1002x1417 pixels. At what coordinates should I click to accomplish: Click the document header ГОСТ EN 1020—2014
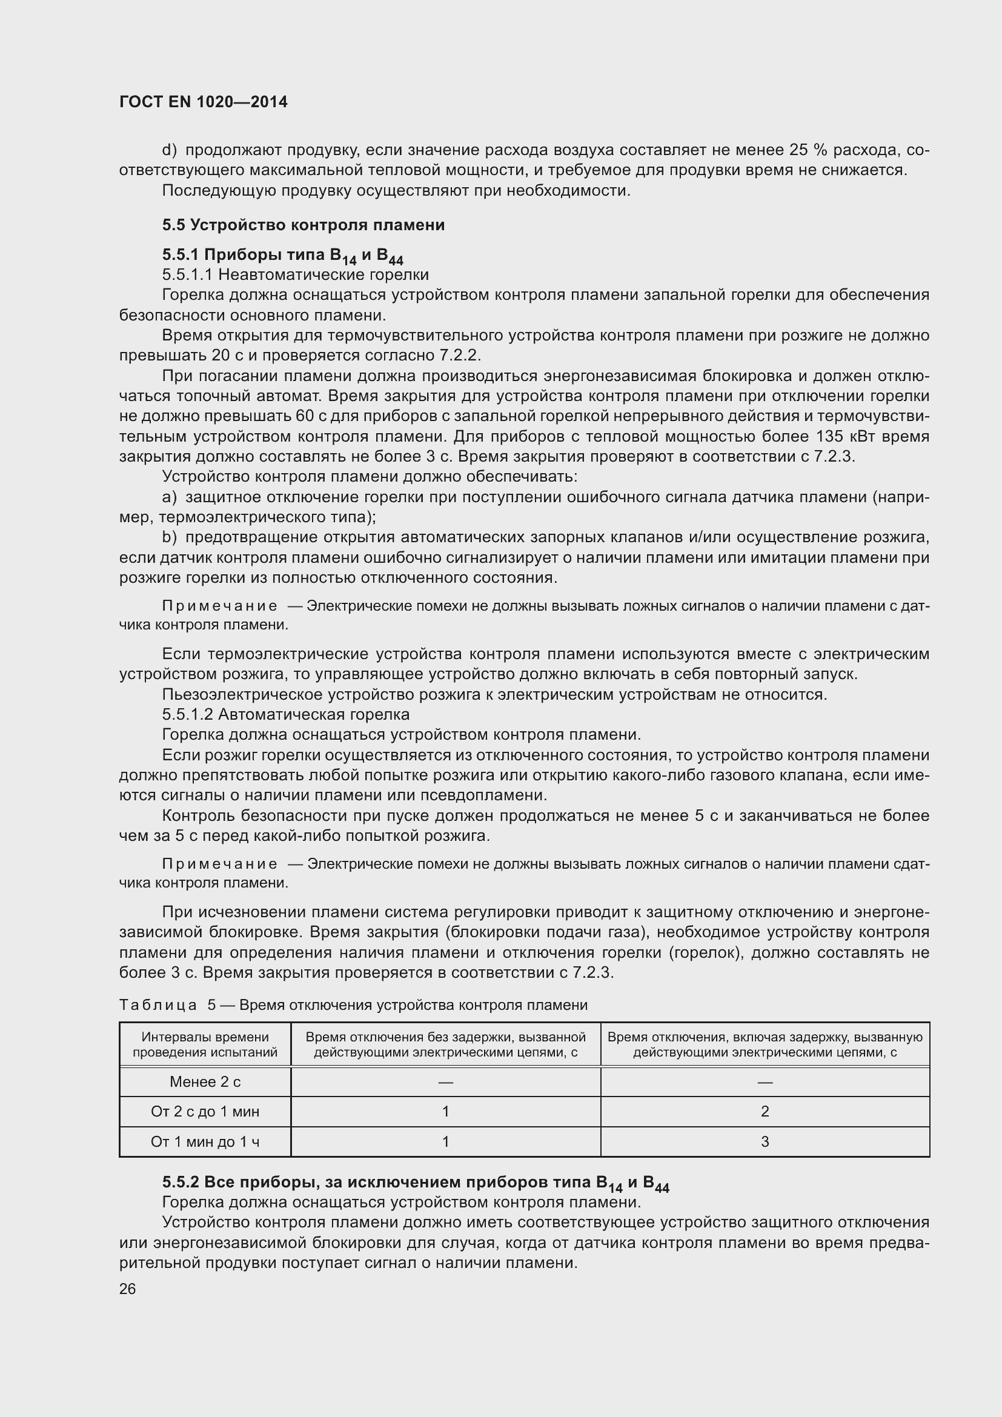point(203,102)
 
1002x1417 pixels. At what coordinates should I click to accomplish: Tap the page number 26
point(127,1289)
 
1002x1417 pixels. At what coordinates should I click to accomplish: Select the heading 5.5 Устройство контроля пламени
point(303,225)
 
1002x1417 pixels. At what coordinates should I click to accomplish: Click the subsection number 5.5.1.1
point(188,274)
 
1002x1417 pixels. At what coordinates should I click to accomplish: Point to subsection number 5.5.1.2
point(188,714)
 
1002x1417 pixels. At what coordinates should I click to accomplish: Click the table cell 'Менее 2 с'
point(205,1081)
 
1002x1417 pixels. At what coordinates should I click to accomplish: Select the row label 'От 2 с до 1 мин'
point(205,1112)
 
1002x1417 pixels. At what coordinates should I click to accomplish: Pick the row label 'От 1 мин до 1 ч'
point(205,1142)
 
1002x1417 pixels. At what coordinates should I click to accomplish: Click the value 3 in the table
point(765,1142)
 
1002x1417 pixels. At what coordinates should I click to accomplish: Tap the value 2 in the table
point(765,1112)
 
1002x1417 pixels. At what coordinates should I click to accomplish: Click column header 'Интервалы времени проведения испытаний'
point(205,1045)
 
